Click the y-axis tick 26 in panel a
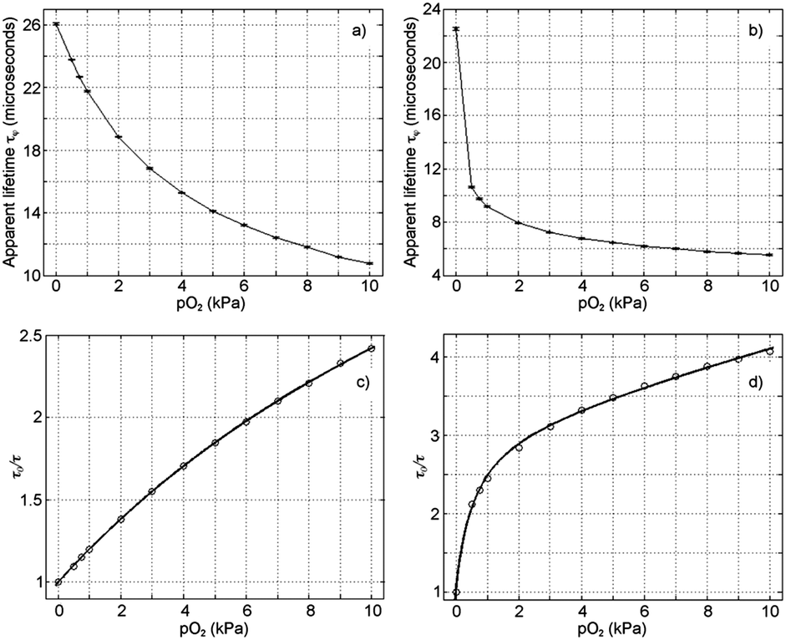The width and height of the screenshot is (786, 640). coord(38,24)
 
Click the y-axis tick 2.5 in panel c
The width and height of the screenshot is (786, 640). coord(33,335)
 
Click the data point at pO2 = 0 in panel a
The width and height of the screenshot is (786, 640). coord(56,24)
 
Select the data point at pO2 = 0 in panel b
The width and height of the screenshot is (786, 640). coord(456,29)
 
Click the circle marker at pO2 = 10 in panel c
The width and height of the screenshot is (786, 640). coord(372,348)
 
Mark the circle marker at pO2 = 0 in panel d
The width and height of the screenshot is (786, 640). coord(456,592)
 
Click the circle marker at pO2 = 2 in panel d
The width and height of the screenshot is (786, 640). coord(519,447)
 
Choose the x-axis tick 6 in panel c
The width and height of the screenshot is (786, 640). coord(246,609)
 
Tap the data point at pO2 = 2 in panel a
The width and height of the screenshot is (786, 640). coord(119,136)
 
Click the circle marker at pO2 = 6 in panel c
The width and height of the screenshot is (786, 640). coord(246,422)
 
